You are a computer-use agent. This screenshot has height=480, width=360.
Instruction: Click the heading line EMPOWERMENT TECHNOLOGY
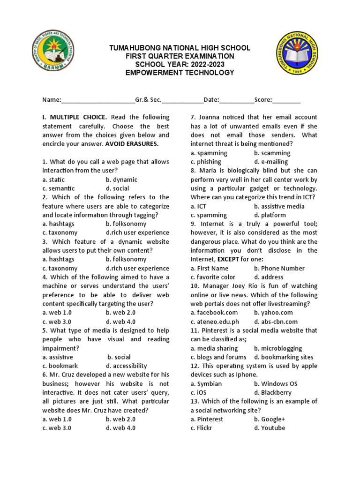pos(180,73)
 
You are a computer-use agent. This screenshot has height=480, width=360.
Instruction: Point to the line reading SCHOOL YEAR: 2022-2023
pos(180,64)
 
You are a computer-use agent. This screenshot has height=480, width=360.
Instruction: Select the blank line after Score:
pos(286,100)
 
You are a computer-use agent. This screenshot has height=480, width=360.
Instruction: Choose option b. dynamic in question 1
pos(121,180)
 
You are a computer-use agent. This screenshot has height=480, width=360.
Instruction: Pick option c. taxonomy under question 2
pos(60,232)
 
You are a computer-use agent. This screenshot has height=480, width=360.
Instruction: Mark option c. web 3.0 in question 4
pos(57,322)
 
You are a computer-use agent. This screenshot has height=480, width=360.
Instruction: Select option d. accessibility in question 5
pos(126,366)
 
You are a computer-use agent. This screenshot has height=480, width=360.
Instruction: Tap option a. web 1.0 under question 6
pos(57,419)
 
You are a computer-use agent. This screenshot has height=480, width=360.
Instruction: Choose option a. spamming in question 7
pos(209,153)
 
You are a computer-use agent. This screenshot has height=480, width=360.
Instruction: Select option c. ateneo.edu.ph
pos(215,322)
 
